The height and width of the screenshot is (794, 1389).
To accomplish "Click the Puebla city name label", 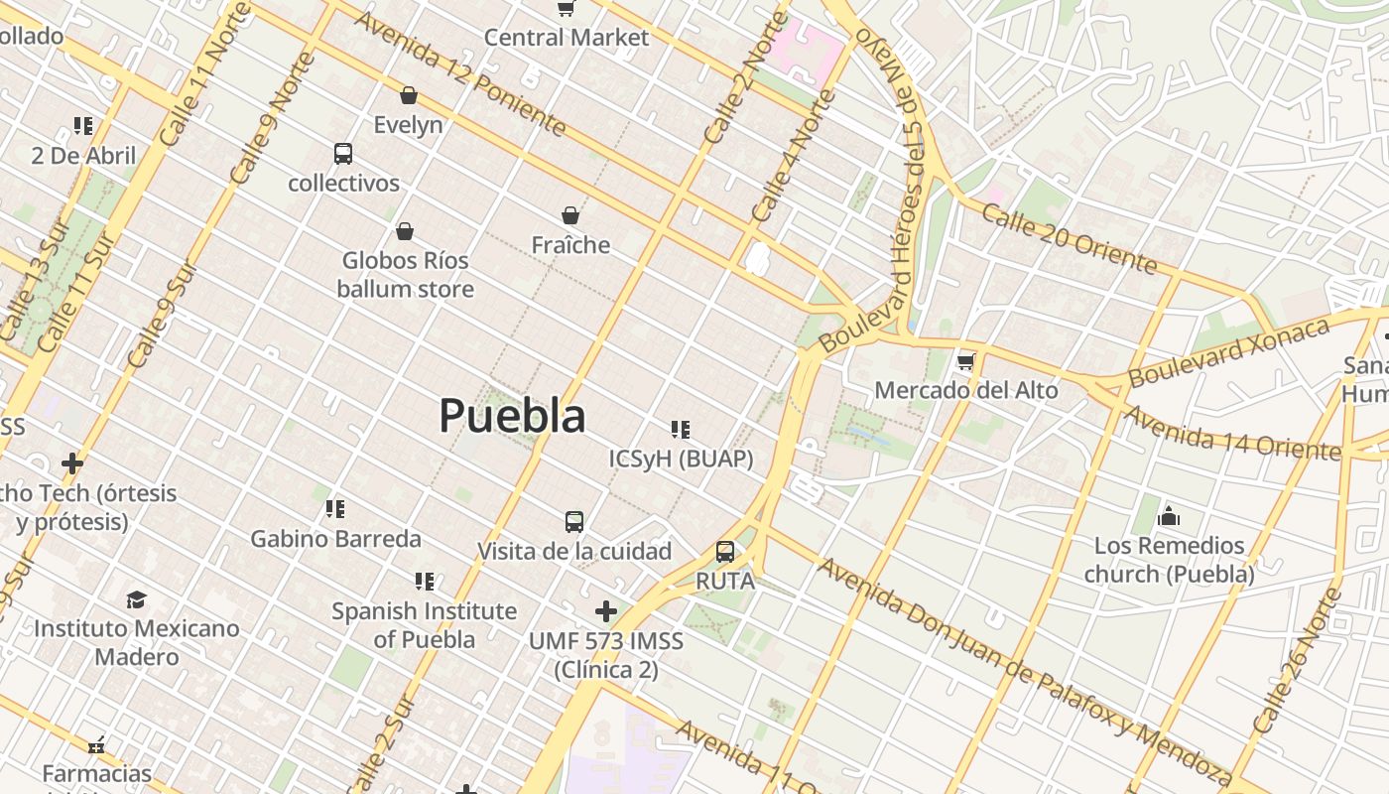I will pos(512,416).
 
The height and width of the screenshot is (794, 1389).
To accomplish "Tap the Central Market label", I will pos(567,38).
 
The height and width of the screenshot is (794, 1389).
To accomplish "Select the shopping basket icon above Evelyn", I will pos(408,95).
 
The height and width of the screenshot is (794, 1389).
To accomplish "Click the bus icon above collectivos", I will pos(343,154).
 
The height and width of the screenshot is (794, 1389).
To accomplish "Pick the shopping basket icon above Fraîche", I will pos(570,214).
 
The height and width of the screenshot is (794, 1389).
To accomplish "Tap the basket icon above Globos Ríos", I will pos(404,231).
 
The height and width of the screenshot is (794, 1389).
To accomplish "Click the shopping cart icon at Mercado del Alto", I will pos(965,361).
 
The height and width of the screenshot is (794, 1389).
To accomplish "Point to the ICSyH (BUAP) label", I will pos(681,460).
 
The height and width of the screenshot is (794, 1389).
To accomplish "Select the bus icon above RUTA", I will pos(725,552).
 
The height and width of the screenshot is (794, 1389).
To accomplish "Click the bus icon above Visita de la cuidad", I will pos(573,521).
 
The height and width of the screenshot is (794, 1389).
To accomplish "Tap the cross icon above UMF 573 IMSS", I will pos(605,611).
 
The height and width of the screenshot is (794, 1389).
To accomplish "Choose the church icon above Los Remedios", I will pos(1169,516).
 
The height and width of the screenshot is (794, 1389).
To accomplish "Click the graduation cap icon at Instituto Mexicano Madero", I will pos(136,599).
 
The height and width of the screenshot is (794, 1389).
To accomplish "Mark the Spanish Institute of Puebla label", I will pos(424,625).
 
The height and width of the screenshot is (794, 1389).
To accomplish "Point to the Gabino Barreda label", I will pos(335,539).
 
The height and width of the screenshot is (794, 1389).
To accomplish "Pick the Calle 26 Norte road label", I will pos(1296,661).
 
